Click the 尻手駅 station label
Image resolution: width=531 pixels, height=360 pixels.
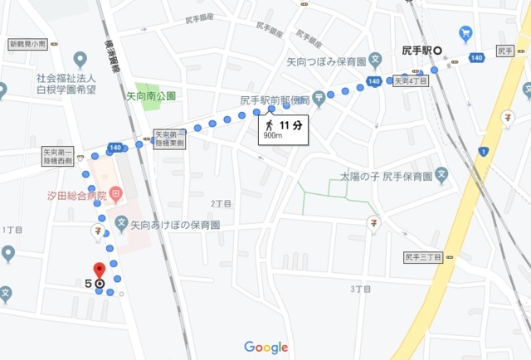coord(417,51)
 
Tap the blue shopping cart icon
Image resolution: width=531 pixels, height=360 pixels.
coord(465,34)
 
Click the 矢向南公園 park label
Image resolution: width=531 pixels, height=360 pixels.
coord(151,96)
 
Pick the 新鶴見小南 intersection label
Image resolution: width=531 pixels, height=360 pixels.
coord(27,43)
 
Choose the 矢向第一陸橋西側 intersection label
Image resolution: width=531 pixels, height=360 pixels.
coord(58,157)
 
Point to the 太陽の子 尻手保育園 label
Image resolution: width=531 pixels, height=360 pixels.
coord(387,177)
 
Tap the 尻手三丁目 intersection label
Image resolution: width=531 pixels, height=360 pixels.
coord(423,257)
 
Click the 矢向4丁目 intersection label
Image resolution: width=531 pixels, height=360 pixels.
coord(411,81)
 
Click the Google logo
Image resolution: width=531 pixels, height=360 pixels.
coord(265,348)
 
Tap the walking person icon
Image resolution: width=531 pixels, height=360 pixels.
coord(270,124)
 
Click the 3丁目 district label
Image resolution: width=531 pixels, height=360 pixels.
coord(359,289)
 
